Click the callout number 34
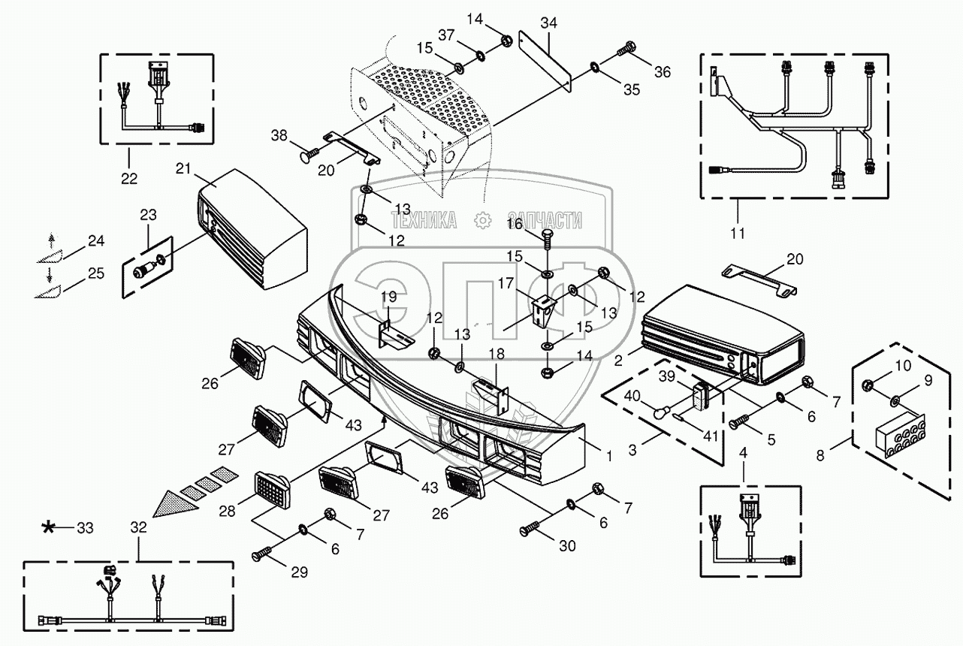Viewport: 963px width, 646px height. coord(548,23)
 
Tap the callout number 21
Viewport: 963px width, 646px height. coord(183,168)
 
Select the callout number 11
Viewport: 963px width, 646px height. coord(738,234)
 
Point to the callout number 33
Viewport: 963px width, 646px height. coord(85,528)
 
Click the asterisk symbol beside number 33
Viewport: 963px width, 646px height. coord(48,527)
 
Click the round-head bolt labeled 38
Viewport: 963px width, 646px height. coord(309,152)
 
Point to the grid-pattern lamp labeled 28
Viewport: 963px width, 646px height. coord(272,490)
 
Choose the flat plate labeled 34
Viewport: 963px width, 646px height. coord(545,61)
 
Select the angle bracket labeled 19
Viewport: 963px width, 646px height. coord(394,334)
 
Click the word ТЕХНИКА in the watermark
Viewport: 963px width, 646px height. coord(424,221)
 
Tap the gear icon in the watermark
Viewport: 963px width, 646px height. coord(482,221)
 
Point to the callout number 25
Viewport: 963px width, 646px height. coord(96,273)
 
